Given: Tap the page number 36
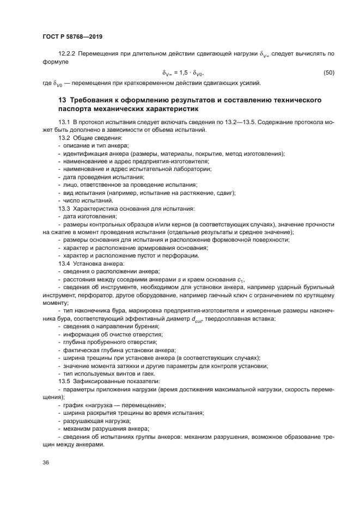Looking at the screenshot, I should [46, 463].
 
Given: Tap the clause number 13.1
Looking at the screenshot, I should [65, 124].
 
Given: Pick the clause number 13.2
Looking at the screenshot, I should [65, 139].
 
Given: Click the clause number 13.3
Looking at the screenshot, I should [65, 208].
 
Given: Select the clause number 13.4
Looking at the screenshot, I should [65, 264].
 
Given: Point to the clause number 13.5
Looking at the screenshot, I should [65, 381].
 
